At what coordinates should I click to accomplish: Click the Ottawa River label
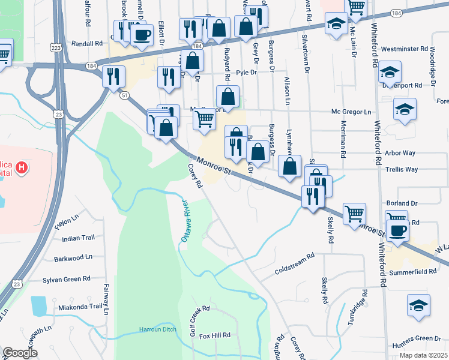click(x=186, y=221)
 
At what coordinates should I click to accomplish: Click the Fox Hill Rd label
click(x=215, y=336)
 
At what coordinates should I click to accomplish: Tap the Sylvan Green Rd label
click(x=67, y=279)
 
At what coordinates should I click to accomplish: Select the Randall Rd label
click(x=88, y=44)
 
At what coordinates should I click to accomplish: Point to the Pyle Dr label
click(x=246, y=73)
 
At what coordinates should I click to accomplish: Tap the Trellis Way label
click(x=403, y=170)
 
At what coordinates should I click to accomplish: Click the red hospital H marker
click(x=21, y=166)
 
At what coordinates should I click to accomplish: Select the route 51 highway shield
click(x=124, y=95)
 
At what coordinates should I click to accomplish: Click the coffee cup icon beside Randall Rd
click(x=141, y=36)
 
